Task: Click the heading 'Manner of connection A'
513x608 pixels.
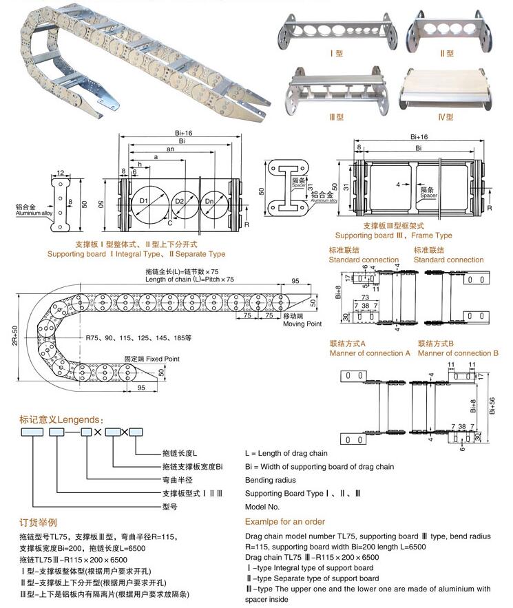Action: [x=369, y=353]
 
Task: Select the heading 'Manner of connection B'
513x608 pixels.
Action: [x=457, y=353]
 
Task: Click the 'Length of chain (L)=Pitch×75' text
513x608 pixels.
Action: [x=189, y=279]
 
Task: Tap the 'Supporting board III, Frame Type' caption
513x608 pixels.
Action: [x=393, y=235]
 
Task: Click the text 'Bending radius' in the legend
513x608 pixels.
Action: [x=271, y=480]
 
